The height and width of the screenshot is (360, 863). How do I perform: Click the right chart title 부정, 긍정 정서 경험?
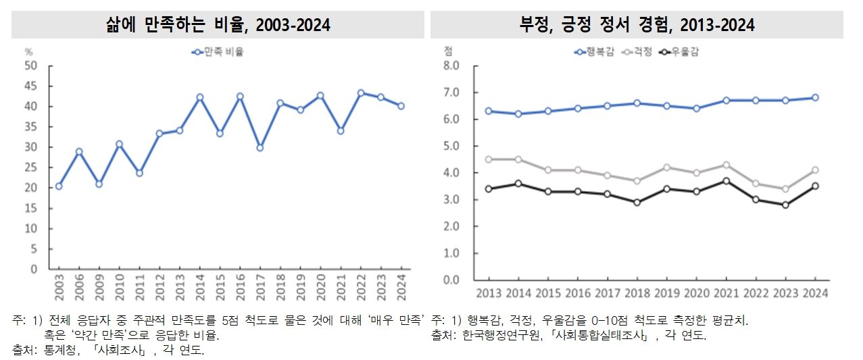(635, 25)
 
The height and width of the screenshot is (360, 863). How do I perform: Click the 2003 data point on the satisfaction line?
(58, 186)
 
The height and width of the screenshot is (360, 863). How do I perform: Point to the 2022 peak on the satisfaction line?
(361, 93)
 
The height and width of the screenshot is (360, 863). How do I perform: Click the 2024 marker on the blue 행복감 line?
(816, 97)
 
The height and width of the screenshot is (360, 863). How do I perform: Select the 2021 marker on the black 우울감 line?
(726, 181)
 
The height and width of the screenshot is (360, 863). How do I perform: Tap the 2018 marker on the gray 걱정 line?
(636, 181)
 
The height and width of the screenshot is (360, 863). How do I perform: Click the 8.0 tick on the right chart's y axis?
(451, 66)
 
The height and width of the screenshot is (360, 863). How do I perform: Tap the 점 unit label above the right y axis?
(447, 51)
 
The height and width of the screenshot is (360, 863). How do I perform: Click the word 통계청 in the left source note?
(62, 350)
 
